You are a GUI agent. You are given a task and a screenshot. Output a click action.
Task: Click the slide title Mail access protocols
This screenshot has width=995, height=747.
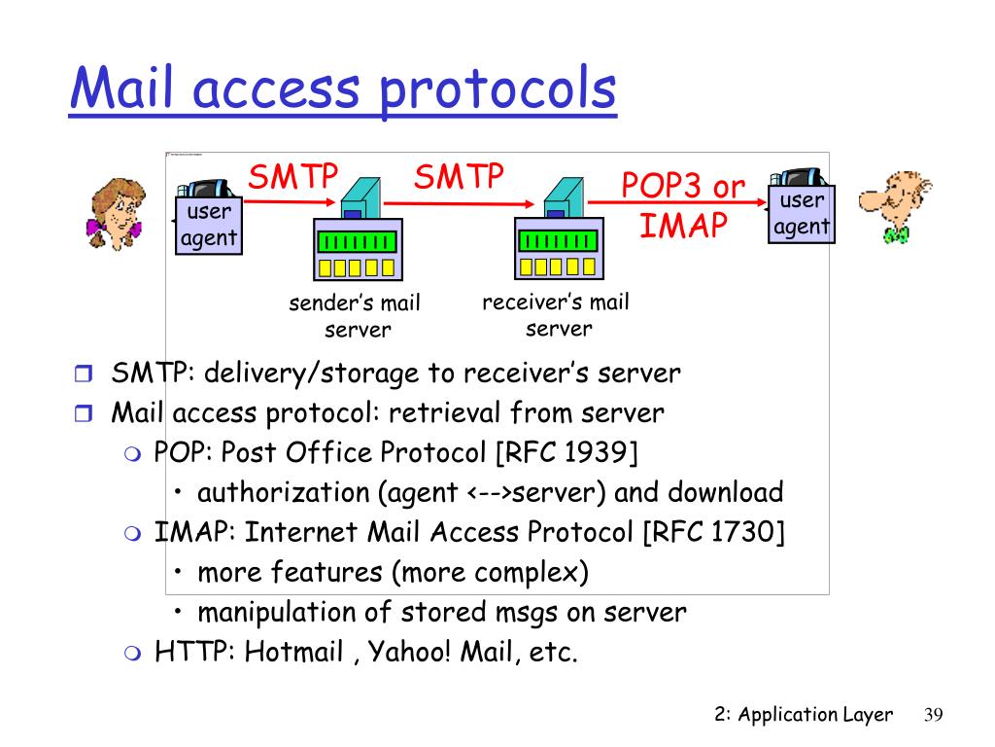tap(342, 89)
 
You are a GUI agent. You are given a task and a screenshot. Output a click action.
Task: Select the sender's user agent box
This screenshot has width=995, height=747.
tap(207, 225)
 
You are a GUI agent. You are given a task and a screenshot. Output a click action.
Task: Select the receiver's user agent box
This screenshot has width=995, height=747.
tap(802, 214)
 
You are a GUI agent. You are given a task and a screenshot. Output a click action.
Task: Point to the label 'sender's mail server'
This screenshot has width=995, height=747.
tap(356, 316)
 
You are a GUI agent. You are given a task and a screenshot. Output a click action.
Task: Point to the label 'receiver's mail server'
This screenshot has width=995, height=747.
tap(556, 315)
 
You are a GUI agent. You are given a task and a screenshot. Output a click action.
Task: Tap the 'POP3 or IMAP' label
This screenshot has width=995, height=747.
tap(684, 206)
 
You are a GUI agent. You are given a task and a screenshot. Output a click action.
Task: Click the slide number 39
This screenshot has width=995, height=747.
tap(933, 715)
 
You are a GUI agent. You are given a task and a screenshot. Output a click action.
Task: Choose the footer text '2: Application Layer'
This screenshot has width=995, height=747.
tap(803, 715)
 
